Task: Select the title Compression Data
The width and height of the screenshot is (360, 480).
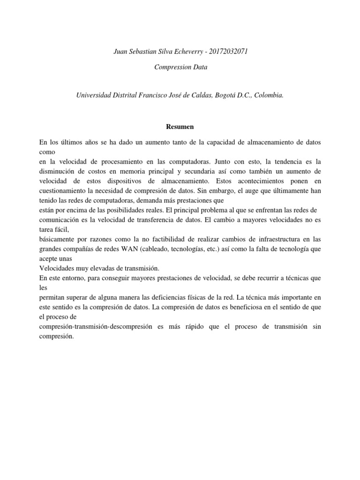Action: point(180,67)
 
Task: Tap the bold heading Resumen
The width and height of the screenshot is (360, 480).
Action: point(180,127)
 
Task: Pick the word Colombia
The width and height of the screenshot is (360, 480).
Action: point(268,95)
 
